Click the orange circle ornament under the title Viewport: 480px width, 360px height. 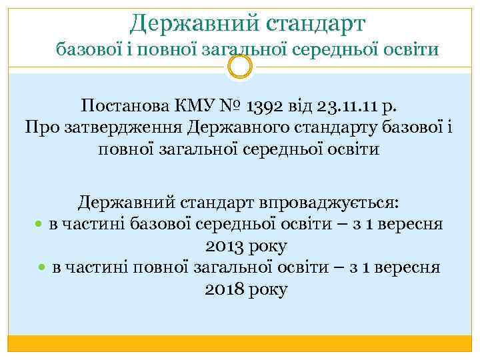[x=240, y=65]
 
